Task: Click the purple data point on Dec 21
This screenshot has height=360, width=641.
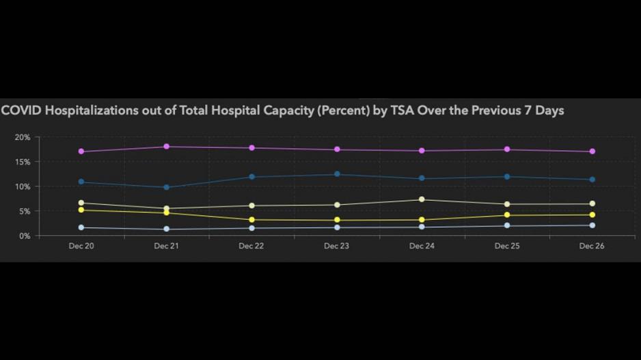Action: pyautogui.click(x=167, y=147)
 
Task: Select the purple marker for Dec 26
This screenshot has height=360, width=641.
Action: pyautogui.click(x=592, y=152)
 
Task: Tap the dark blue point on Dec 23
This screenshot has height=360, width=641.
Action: pyautogui.click(x=337, y=174)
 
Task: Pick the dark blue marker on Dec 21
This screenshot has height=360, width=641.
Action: pyautogui.click(x=167, y=187)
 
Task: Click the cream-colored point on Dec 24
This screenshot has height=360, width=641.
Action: pyautogui.click(x=422, y=199)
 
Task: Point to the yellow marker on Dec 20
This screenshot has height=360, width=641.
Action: pyautogui.click(x=81, y=210)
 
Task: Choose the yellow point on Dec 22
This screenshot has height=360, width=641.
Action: pyautogui.click(x=251, y=220)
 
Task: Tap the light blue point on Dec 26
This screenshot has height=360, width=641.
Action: pyautogui.click(x=592, y=225)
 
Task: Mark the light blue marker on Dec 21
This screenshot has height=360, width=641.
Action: pyautogui.click(x=167, y=230)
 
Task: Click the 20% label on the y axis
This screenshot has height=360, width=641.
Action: pyautogui.click(x=23, y=137)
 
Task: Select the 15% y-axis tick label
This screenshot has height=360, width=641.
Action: pyautogui.click(x=23, y=162)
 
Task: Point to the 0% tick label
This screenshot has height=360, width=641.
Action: pyautogui.click(x=25, y=236)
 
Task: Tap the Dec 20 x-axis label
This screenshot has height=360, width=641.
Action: pyautogui.click(x=81, y=247)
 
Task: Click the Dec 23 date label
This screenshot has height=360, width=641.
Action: pyautogui.click(x=336, y=247)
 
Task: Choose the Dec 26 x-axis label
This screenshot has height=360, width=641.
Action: pyautogui.click(x=592, y=247)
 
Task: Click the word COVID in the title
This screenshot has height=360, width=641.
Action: pyautogui.click(x=21, y=110)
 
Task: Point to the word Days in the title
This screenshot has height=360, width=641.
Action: pyautogui.click(x=549, y=110)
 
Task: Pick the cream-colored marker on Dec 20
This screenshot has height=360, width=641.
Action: pyautogui.click(x=81, y=203)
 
